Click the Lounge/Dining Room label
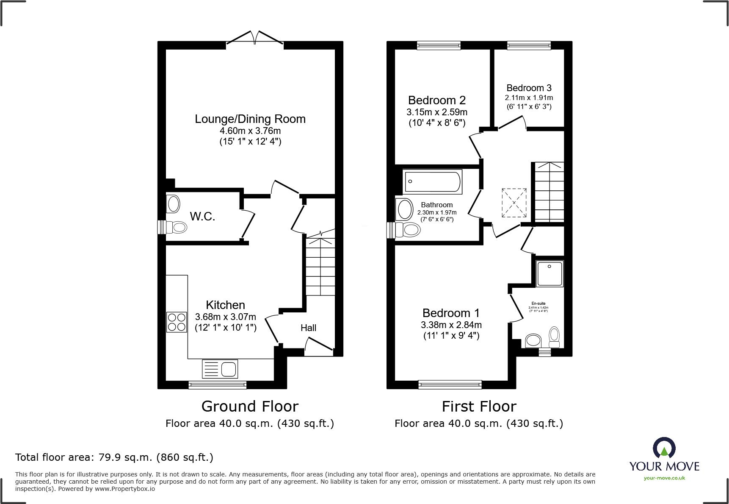[250, 119]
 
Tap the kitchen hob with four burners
[177, 322]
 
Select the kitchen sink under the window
[220, 368]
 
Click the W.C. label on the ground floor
[202, 217]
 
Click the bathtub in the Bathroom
[432, 182]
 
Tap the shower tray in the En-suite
[550, 273]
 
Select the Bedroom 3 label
[529, 88]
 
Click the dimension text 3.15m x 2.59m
[437, 112]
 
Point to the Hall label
[308, 328]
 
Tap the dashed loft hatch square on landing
[514, 203]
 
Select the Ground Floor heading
[250, 407]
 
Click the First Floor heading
[479, 407]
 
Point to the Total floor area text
[114, 457]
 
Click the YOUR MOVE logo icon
[664, 448]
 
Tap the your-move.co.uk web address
[664, 478]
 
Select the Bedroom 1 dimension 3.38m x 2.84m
[451, 325]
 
